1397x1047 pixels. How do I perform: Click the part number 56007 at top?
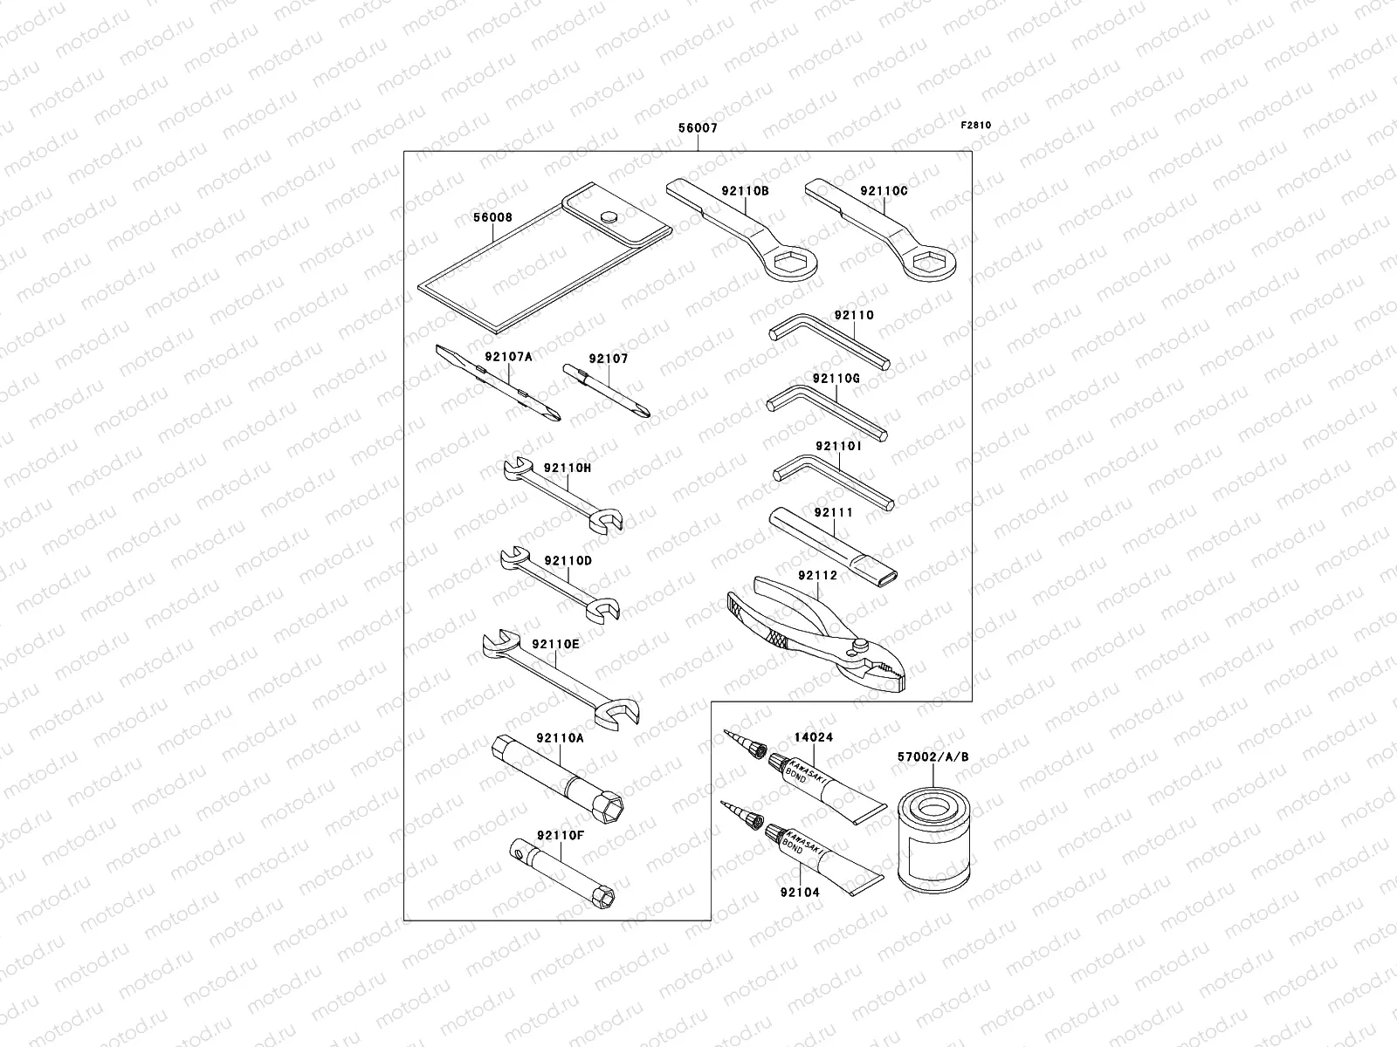coord(698,128)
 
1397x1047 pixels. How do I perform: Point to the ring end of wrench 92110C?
coord(929,259)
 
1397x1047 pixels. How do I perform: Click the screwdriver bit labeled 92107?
coord(605,393)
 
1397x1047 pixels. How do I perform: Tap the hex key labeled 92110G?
coord(825,410)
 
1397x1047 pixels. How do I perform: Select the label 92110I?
coord(838,447)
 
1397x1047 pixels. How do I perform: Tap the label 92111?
coord(833,513)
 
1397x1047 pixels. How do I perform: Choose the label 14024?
coord(812,737)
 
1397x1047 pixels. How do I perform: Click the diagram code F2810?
coord(976,125)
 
